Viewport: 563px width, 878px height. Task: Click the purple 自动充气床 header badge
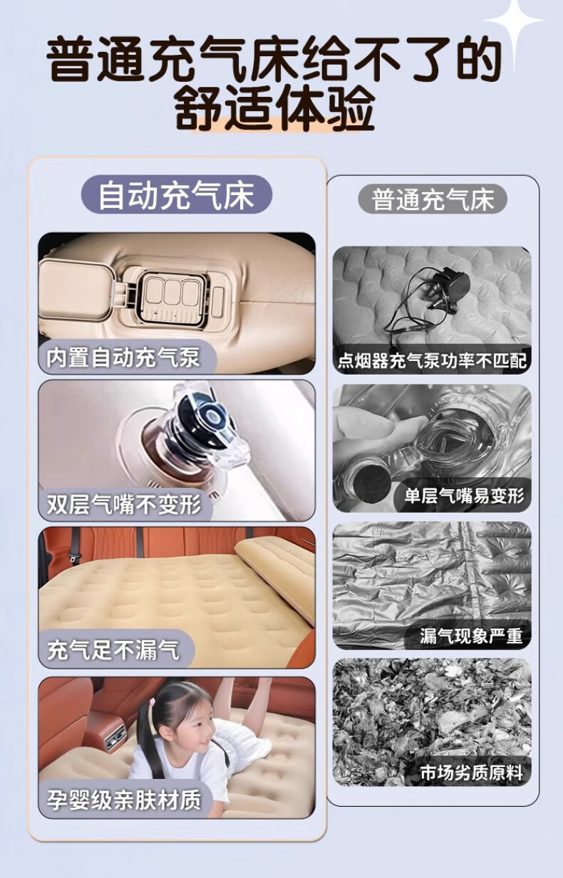coord(177,194)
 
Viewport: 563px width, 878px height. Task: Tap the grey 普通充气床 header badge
coord(433,200)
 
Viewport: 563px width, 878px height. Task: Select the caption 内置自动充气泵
coord(123,357)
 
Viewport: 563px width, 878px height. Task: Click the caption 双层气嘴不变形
coord(124,504)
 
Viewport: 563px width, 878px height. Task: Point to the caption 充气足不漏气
coord(113,650)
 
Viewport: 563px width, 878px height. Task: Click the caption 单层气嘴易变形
coord(464,496)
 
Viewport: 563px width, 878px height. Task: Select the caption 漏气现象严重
coord(471,636)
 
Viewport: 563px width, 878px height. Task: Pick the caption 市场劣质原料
coord(471,773)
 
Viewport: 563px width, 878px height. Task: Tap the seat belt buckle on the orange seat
coord(73,557)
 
